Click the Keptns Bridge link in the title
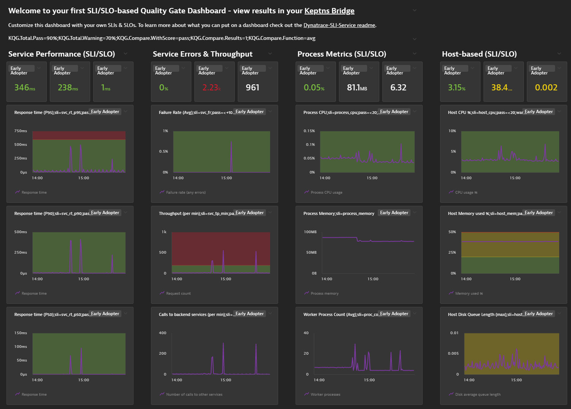click(329, 11)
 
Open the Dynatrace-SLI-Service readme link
click(339, 25)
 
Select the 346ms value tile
click(25, 88)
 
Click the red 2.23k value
click(212, 88)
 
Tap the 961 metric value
click(252, 88)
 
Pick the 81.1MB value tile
click(357, 88)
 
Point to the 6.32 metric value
click(398, 88)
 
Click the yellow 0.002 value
click(546, 88)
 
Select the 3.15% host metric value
click(456, 88)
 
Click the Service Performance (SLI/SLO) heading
click(62, 54)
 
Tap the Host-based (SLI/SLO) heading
click(479, 54)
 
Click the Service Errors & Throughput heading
click(202, 54)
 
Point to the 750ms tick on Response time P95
click(21, 131)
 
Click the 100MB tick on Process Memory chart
click(310, 232)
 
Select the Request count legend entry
click(178, 294)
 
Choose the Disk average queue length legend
click(477, 395)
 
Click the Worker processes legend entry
click(325, 395)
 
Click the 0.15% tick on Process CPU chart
click(309, 131)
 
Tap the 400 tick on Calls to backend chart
click(162, 333)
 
